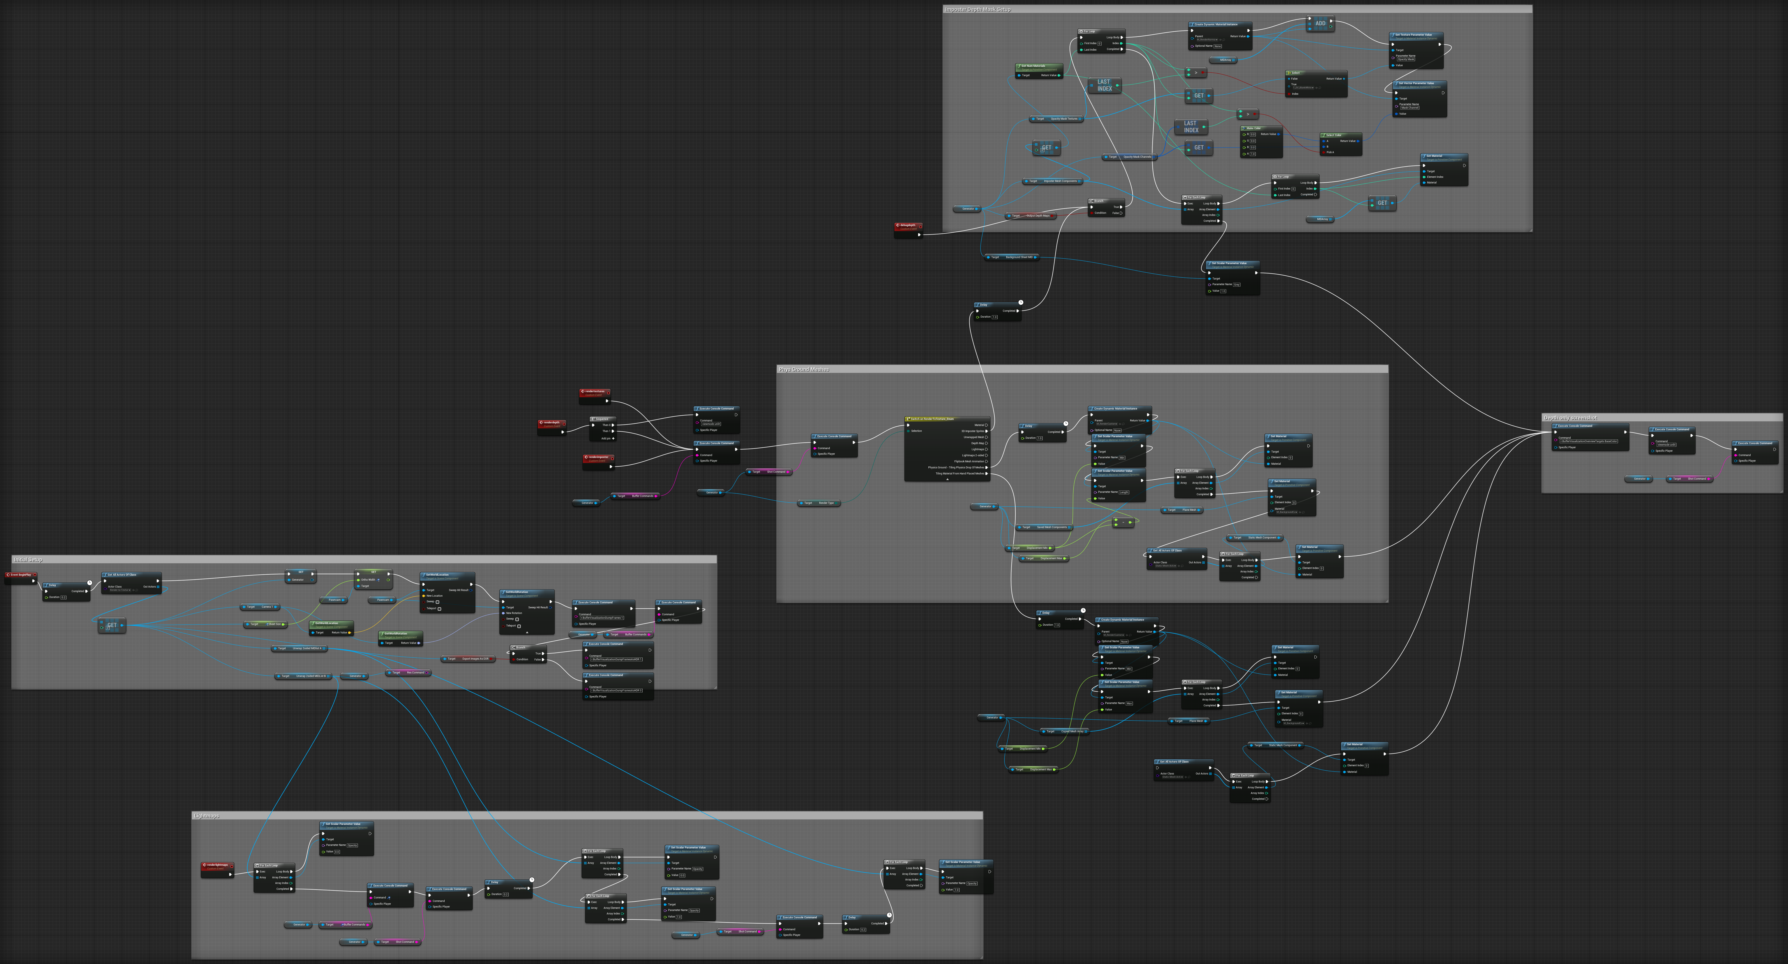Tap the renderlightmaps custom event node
coord(217,865)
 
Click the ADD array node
coord(1320,24)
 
